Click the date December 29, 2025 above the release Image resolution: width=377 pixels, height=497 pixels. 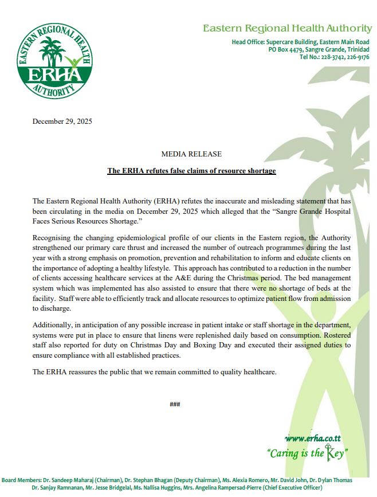(62, 121)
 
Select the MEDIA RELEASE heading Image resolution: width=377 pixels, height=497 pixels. (191, 154)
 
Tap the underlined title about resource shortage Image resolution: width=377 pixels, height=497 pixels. (191, 171)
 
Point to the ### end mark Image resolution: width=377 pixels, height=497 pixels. (175, 404)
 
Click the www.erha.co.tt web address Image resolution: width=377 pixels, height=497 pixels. (313, 439)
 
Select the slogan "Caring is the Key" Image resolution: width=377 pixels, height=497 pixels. (308, 453)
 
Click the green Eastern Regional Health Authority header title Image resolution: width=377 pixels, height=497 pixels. (287, 28)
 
